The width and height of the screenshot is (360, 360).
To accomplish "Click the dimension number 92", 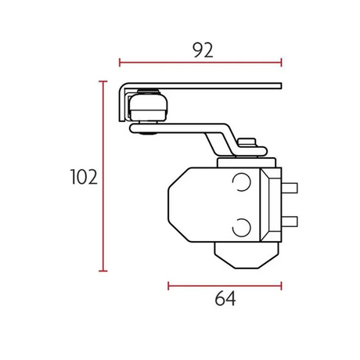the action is (203, 50).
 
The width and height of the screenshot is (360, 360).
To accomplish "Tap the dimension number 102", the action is (84, 177).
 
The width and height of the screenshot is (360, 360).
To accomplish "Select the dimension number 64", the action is (225, 299).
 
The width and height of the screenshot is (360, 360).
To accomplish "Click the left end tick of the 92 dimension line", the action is (120, 63).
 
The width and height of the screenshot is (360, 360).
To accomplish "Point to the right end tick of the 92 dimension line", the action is (282, 63).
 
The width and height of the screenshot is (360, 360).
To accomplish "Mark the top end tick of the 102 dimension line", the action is (103, 81).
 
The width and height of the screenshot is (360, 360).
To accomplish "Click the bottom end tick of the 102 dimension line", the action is (103, 271).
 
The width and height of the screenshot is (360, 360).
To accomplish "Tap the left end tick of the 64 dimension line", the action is (168, 286).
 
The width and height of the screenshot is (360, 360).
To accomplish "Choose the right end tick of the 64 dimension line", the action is (282, 286).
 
